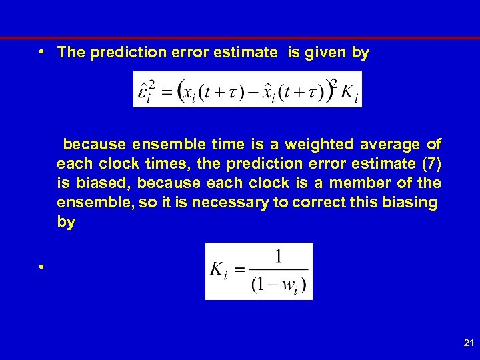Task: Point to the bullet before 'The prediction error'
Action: pyautogui.click(x=41, y=53)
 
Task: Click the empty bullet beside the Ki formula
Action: pyautogui.click(x=41, y=267)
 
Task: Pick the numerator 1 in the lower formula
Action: pyautogui.click(x=278, y=257)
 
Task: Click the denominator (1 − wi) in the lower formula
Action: pyautogui.click(x=278, y=286)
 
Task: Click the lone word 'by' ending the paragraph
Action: pyautogui.click(x=66, y=222)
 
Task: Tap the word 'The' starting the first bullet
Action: pyautogui.click(x=69, y=53)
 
